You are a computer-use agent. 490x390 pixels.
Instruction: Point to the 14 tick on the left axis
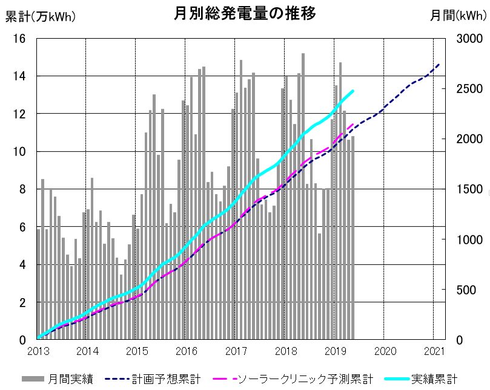point(19,76)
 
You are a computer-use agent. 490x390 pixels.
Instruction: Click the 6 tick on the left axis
point(22,227)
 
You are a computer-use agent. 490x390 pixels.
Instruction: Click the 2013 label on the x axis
point(38,351)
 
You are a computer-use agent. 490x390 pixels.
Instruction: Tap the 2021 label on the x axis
point(434,351)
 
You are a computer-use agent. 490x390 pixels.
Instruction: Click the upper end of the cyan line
point(353,91)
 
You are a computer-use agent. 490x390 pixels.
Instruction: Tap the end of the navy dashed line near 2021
point(439,64)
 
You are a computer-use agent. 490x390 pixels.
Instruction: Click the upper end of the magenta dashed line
point(353,124)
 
